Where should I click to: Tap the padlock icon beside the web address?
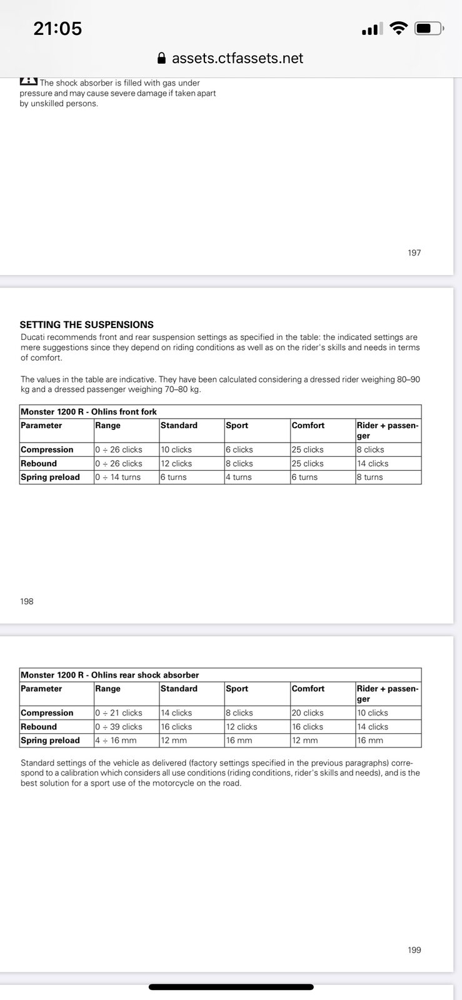(161, 58)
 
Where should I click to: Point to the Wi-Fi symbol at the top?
(398, 28)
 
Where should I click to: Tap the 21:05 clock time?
(58, 28)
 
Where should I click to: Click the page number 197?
(414, 252)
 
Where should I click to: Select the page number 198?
(27, 601)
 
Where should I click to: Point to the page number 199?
(414, 950)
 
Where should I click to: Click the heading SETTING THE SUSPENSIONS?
(86, 324)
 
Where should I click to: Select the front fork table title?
(89, 411)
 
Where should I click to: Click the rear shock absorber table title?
(109, 675)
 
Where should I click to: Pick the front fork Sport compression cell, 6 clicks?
(239, 449)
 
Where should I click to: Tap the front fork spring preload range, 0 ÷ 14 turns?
(118, 477)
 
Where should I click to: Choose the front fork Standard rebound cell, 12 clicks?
(176, 463)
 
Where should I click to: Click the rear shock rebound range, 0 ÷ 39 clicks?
(119, 727)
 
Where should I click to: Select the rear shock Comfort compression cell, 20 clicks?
(308, 712)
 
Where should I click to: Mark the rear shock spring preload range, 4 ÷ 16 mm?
(116, 741)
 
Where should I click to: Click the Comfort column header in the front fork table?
(308, 425)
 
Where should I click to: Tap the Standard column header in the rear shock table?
(179, 689)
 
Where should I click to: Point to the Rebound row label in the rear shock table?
(39, 727)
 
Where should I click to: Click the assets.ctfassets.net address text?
(238, 58)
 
